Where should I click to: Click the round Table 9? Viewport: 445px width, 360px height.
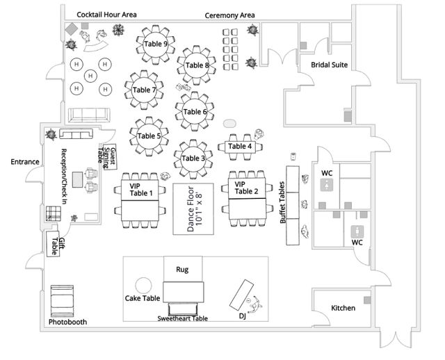[x=155, y=44]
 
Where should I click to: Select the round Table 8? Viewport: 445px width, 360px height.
[x=197, y=65]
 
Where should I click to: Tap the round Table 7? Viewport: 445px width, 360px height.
[x=144, y=90]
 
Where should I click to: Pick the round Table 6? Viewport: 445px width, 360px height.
[x=195, y=111]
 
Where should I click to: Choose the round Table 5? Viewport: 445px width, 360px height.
[x=148, y=136]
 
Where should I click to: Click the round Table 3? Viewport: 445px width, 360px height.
[x=193, y=158]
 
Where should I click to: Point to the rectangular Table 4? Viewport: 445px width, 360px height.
[x=240, y=147]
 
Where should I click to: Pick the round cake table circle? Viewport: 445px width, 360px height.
[x=143, y=285]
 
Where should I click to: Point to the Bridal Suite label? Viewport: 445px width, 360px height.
[x=329, y=65]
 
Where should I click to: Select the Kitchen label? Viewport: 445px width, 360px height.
[x=343, y=308]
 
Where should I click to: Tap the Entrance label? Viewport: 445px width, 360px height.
[x=25, y=162]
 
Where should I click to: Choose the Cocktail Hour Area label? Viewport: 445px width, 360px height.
[x=106, y=14]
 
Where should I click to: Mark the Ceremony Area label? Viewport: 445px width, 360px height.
[x=229, y=15]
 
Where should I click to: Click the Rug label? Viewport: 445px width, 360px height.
[x=181, y=269]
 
